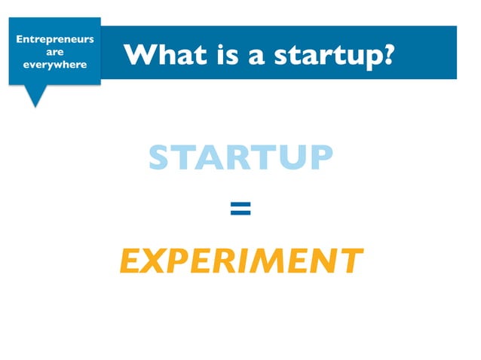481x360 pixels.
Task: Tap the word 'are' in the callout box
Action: (54, 52)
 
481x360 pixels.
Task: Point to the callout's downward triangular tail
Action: (35, 96)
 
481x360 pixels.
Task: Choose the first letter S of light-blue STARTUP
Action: (160, 158)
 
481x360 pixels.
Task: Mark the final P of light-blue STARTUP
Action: (320, 158)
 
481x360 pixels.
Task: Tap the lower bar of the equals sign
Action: (240, 214)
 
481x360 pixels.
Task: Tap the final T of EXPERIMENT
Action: (349, 261)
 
